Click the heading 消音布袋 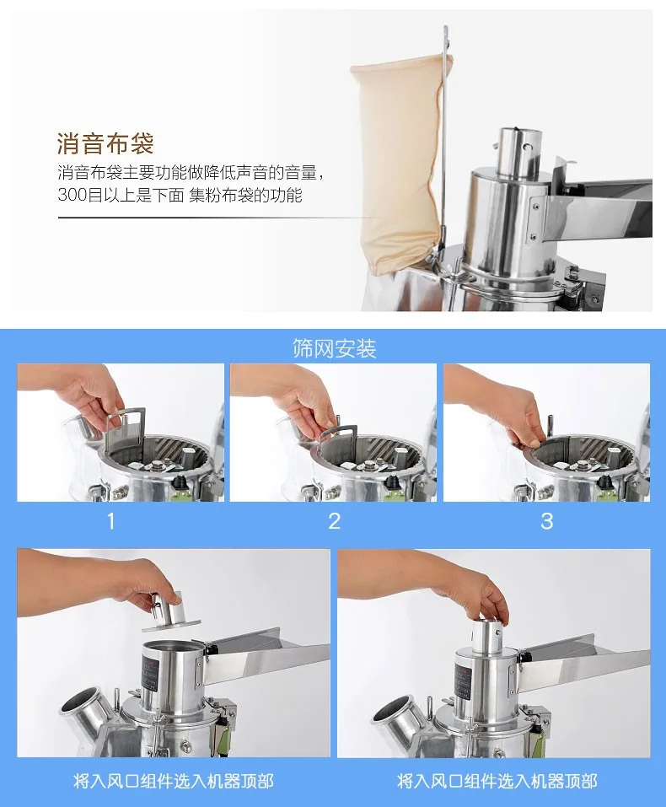(105, 143)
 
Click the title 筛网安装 (334, 349)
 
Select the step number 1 (111, 521)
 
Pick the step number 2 (334, 521)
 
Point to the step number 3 (546, 521)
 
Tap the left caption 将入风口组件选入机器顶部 (174, 781)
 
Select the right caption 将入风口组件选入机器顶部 (497, 781)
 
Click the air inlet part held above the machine (169, 611)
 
